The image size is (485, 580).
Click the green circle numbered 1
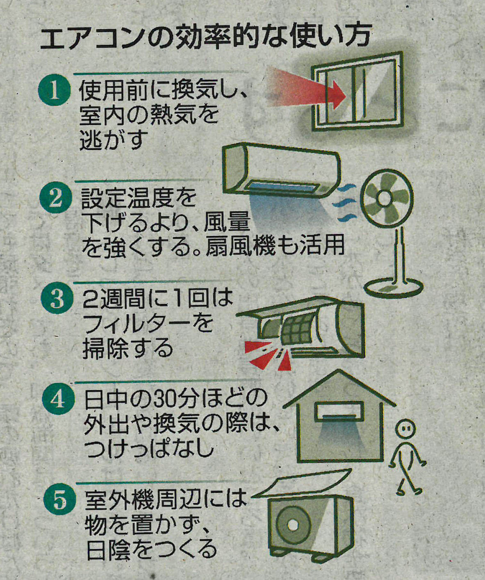pos(55,91)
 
